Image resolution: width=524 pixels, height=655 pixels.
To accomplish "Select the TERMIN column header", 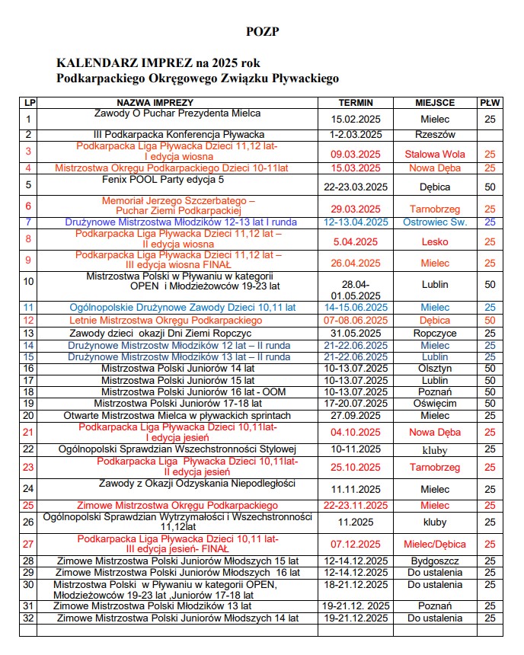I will tap(356, 102).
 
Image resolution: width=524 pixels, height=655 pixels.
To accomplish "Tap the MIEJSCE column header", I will tap(435, 102).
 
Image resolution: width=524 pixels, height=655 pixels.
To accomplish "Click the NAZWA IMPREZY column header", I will tap(155, 102).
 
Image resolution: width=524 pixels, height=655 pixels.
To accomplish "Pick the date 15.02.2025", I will tap(356, 120).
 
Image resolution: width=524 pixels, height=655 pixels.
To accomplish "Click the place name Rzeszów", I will tap(435, 135).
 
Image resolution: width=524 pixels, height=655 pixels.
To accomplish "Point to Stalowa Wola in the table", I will tap(435, 154).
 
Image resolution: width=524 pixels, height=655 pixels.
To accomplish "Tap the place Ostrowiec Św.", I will tap(435, 222).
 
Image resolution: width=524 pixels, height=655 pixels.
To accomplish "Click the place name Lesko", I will tap(435, 241).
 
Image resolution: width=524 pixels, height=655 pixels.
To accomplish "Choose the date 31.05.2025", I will tap(356, 333).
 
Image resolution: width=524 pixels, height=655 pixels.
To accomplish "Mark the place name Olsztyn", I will tap(435, 368).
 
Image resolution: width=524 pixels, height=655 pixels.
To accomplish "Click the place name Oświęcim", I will tap(435, 403).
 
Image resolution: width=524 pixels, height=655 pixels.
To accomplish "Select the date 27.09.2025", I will tap(356, 416).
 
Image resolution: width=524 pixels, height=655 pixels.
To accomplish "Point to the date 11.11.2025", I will tap(356, 489).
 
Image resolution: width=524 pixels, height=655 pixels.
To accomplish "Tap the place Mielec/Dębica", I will tap(435, 544).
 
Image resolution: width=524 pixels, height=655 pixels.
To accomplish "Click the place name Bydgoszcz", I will tap(435, 561).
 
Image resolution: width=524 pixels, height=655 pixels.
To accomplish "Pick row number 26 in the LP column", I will tap(29, 522).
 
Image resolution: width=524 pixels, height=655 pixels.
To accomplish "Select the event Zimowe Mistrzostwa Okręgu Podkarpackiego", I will tap(172, 505).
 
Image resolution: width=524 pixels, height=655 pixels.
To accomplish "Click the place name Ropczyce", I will tap(435, 333).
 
